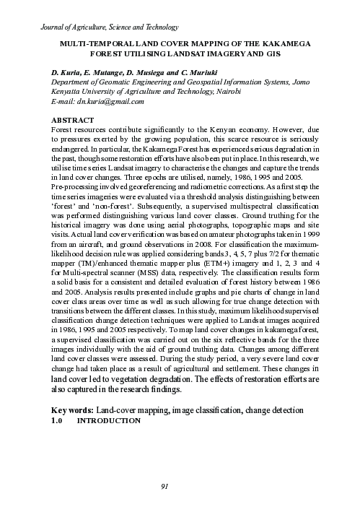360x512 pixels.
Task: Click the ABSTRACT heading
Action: click(x=73, y=119)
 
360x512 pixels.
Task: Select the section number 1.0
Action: click(x=58, y=420)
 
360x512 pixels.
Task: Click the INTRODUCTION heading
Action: click(x=109, y=420)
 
